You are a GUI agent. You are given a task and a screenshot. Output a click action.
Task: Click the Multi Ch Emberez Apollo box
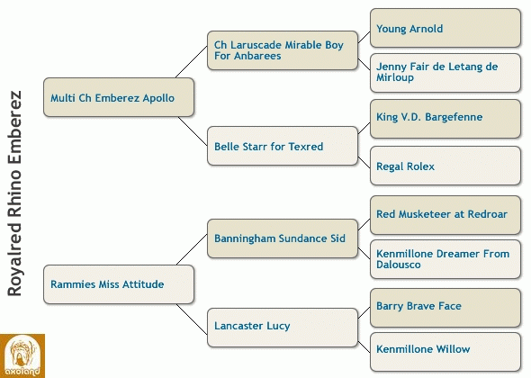point(119,97)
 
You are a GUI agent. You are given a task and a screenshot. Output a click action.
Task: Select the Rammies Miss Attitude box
point(119,284)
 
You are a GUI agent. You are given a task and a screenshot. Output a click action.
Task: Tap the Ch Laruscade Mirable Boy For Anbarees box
point(283,50)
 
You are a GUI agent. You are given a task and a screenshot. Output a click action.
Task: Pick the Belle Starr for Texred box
point(283,146)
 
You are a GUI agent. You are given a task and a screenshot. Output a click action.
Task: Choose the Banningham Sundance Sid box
point(283,238)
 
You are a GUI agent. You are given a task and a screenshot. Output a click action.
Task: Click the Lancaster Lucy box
point(283,328)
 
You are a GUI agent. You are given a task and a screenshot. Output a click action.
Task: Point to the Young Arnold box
point(445,28)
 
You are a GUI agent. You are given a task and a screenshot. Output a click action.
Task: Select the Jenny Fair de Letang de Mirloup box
point(445,73)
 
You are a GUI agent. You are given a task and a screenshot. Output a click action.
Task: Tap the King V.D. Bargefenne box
point(445,119)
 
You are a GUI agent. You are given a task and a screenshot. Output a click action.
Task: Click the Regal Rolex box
point(445,166)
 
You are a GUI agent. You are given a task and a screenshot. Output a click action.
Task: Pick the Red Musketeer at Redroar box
point(445,215)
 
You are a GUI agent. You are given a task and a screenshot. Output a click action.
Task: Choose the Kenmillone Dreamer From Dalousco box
point(445,259)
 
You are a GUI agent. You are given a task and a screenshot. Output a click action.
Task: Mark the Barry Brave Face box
point(445,308)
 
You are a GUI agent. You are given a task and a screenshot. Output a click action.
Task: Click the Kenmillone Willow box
point(445,352)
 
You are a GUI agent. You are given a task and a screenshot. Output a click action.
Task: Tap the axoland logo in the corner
point(22,356)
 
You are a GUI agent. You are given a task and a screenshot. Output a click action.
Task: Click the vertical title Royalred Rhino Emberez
point(15,193)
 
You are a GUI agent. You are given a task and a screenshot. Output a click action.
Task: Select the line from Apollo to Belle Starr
point(193,131)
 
